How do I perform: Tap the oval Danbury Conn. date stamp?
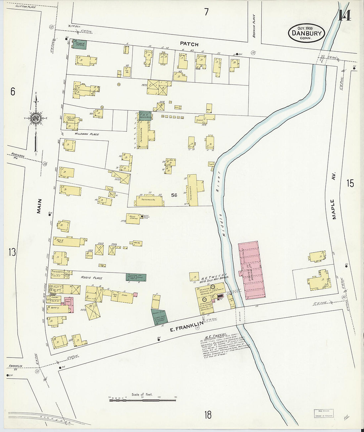click(306, 33)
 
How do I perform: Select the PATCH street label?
click(189, 44)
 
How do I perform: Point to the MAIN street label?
click(39, 206)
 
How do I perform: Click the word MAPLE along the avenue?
click(333, 209)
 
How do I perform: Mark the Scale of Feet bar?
click(142, 400)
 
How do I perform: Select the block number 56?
click(174, 195)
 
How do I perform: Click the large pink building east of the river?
click(252, 270)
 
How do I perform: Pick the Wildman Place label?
click(87, 134)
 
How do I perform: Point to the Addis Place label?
click(92, 278)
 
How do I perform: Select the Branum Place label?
click(254, 25)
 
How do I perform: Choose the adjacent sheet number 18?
click(207, 414)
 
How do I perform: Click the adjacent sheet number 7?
click(206, 12)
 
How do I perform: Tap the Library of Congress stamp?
click(324, 413)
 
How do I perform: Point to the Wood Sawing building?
click(133, 218)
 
